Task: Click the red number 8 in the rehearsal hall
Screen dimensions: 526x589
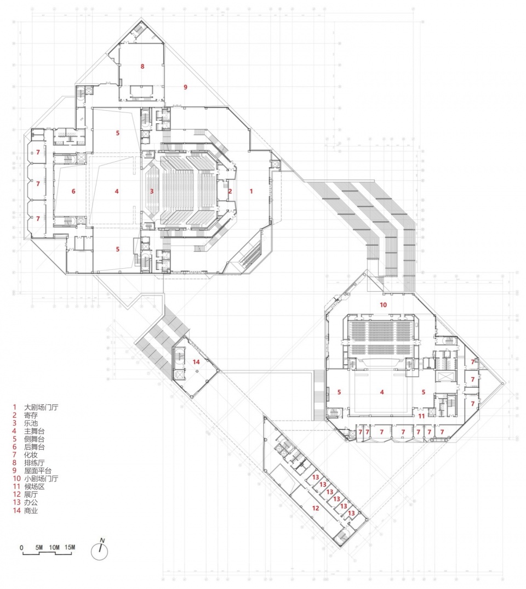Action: (142, 66)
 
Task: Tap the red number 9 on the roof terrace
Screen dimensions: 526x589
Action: (185, 87)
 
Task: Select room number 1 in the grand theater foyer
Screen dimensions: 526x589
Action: (251, 191)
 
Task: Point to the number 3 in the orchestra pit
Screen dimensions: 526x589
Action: (152, 191)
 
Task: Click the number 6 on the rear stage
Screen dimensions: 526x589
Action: (73, 191)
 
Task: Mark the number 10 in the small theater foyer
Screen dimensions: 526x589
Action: (383, 304)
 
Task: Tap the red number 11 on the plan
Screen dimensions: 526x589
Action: (422, 416)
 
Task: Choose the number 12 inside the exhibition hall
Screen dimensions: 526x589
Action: (316, 508)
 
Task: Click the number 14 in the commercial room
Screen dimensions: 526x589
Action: (196, 362)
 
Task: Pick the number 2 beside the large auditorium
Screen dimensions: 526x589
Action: (230, 191)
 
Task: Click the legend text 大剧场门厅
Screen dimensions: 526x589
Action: (41, 407)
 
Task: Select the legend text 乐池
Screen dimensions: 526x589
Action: (31, 423)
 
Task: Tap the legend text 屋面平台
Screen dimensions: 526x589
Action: (38, 471)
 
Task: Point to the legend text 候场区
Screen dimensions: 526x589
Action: (35, 486)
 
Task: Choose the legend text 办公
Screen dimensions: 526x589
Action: (31, 502)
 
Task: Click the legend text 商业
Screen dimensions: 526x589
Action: (31, 511)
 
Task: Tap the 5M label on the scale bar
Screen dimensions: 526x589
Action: (39, 547)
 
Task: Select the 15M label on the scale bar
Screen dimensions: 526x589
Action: (70, 547)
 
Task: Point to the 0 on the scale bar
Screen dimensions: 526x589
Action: (21, 548)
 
